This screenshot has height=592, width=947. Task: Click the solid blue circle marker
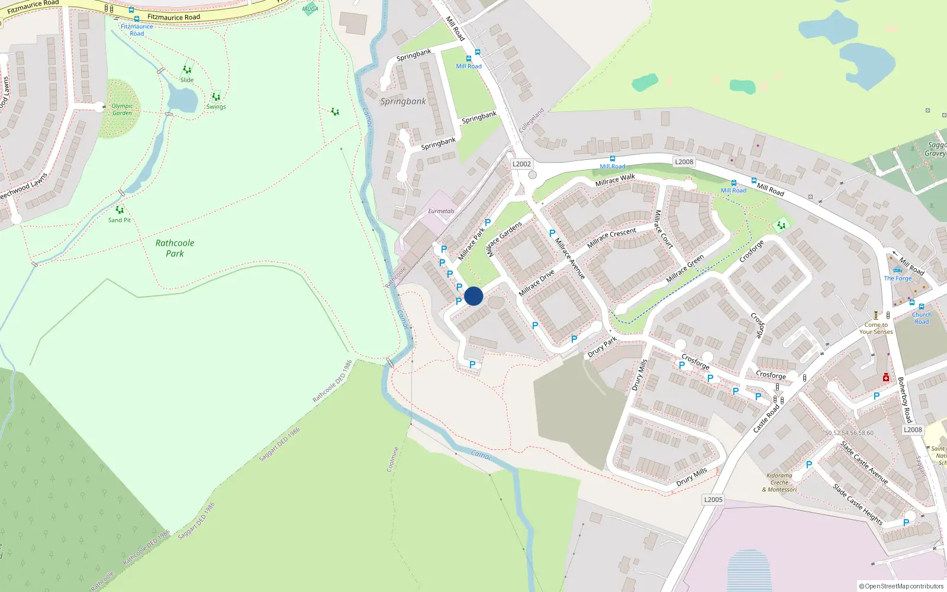click(x=474, y=296)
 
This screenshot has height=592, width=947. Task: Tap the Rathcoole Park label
click(x=175, y=248)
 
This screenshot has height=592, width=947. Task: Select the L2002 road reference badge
click(x=521, y=164)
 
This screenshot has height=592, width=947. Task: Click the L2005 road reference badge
click(x=713, y=500)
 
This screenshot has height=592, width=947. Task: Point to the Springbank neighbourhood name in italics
click(x=403, y=101)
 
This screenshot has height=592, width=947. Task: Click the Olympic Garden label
click(x=122, y=110)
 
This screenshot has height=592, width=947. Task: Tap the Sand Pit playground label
click(x=120, y=220)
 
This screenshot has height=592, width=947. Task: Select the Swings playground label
click(x=216, y=107)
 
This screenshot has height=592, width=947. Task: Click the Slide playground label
click(x=187, y=80)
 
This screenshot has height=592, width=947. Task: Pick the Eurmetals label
click(x=442, y=211)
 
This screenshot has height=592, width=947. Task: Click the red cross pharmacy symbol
click(x=886, y=377)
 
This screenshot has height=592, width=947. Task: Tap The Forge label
click(x=898, y=278)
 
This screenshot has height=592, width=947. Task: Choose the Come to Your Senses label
click(x=876, y=328)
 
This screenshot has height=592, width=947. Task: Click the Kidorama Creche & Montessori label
click(x=779, y=482)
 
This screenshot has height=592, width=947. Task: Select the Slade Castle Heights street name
click(x=858, y=504)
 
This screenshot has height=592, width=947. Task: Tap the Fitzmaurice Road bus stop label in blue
click(x=137, y=30)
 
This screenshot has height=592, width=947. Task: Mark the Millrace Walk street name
click(x=615, y=180)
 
